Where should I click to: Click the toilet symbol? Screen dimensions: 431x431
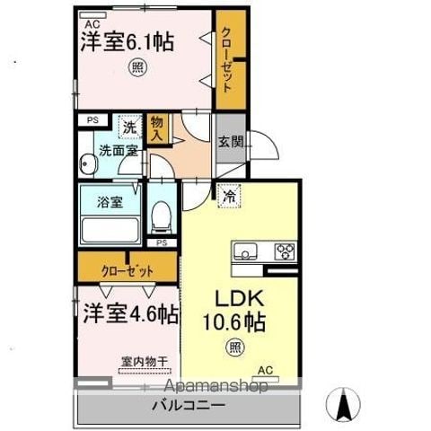click(162, 216)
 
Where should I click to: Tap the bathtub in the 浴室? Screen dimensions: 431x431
click(110, 230)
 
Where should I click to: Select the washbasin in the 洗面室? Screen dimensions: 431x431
click(88, 163)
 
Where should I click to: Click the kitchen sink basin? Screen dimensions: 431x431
click(245, 251)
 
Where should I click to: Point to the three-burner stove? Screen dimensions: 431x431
click(285, 251)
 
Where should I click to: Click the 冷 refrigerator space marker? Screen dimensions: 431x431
click(230, 196)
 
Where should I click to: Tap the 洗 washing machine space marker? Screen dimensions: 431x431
click(130, 127)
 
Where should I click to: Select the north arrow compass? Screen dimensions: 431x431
click(343, 405)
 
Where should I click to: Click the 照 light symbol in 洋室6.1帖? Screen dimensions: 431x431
click(137, 67)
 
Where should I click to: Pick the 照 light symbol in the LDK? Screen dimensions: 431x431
click(235, 347)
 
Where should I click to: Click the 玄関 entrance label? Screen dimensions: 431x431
click(230, 142)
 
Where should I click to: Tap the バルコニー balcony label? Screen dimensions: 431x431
click(189, 406)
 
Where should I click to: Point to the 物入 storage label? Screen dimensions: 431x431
click(157, 128)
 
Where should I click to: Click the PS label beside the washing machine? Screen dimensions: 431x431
click(92, 120)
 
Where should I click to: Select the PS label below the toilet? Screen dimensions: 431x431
click(162, 243)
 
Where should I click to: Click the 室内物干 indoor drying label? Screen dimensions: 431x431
click(145, 362)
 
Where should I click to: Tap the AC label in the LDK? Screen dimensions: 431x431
click(266, 370)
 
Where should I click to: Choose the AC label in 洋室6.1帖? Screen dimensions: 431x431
click(92, 24)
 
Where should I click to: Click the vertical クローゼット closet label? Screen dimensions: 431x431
click(227, 59)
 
